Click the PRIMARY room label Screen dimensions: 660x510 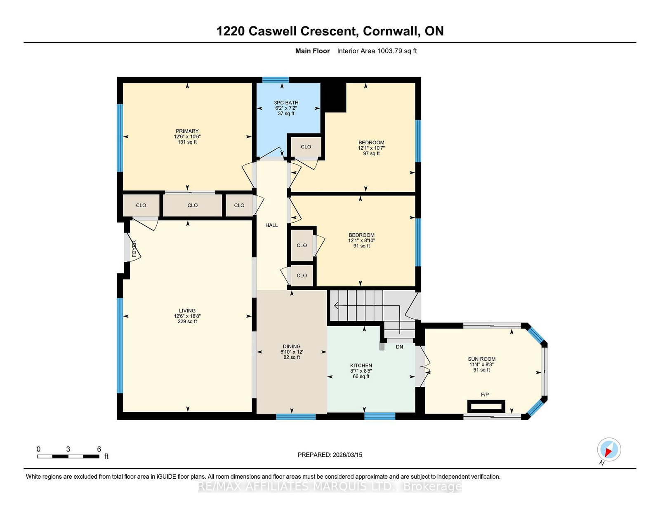[187, 131]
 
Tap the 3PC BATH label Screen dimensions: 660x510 [286, 103]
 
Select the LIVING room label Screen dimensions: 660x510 [187, 310]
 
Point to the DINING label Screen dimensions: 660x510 [292, 346]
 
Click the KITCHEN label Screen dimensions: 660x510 [361, 366]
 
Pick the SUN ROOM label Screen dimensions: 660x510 [482, 359]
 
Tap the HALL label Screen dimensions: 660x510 [271, 225]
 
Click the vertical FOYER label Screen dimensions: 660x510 [134, 249]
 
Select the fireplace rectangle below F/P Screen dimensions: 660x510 [486, 407]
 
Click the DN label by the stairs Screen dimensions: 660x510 [399, 347]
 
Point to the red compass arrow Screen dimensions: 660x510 [608, 452]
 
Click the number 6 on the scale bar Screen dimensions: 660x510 [99, 449]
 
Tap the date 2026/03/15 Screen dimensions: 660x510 [347, 455]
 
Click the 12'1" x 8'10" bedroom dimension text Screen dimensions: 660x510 [361, 240]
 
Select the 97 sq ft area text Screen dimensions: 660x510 [372, 153]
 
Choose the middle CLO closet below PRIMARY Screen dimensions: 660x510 [193, 205]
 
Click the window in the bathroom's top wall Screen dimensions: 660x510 [276, 80]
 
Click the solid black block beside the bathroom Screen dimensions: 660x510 [333, 97]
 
